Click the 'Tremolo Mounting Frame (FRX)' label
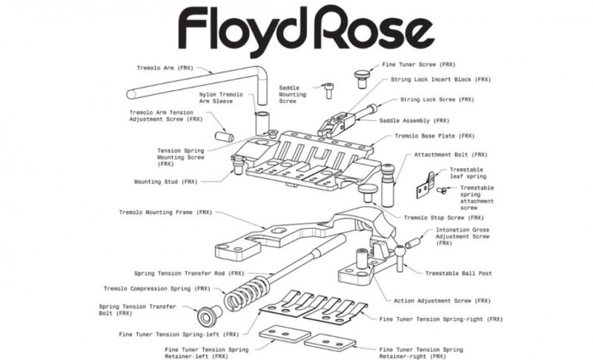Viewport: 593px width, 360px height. [x=165, y=212]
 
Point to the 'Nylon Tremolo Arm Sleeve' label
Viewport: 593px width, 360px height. [x=222, y=99]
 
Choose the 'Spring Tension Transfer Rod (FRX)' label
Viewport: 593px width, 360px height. [x=179, y=273]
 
